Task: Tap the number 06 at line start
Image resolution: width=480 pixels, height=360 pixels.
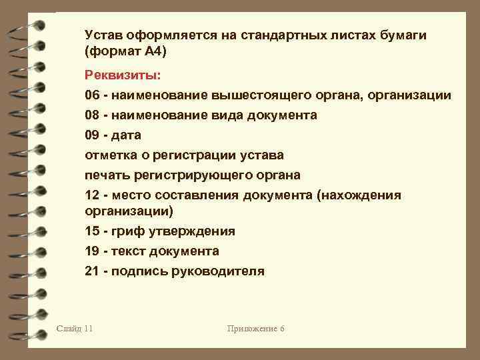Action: (x=92, y=95)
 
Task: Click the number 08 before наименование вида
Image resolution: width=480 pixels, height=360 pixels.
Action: (x=92, y=115)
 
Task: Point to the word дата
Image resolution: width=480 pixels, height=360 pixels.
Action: (x=127, y=135)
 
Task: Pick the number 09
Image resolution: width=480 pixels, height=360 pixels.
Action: (x=92, y=135)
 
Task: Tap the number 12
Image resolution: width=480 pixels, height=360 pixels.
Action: (x=92, y=195)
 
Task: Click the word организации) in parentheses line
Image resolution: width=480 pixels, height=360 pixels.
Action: (x=129, y=211)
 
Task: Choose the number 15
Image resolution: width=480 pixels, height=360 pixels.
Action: (x=92, y=231)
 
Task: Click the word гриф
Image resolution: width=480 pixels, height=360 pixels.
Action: (x=129, y=231)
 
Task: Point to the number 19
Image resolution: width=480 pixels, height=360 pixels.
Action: (x=92, y=251)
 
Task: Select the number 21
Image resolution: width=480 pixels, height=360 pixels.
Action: (x=92, y=271)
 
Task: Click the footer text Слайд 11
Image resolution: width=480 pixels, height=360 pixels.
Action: (x=75, y=328)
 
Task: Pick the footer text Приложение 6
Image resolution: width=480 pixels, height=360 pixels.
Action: (x=255, y=328)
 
